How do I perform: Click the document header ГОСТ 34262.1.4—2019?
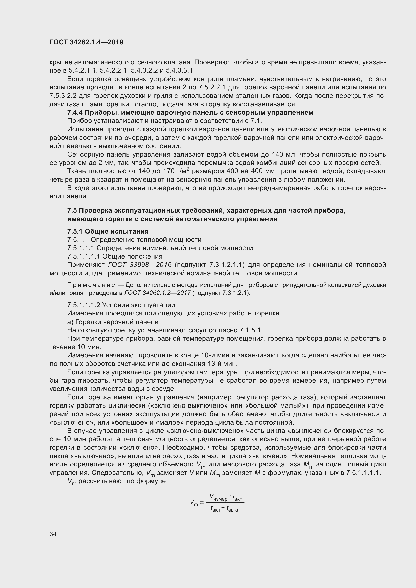(x=86, y=42)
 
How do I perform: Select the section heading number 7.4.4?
(x=75, y=113)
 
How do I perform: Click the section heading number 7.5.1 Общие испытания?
(x=108, y=231)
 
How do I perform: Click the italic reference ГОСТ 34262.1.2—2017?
(x=157, y=293)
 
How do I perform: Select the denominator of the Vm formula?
(x=225, y=509)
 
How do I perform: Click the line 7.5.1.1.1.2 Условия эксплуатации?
(x=121, y=305)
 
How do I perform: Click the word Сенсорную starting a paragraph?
(x=86, y=154)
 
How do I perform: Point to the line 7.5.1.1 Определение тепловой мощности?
(x=134, y=240)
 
